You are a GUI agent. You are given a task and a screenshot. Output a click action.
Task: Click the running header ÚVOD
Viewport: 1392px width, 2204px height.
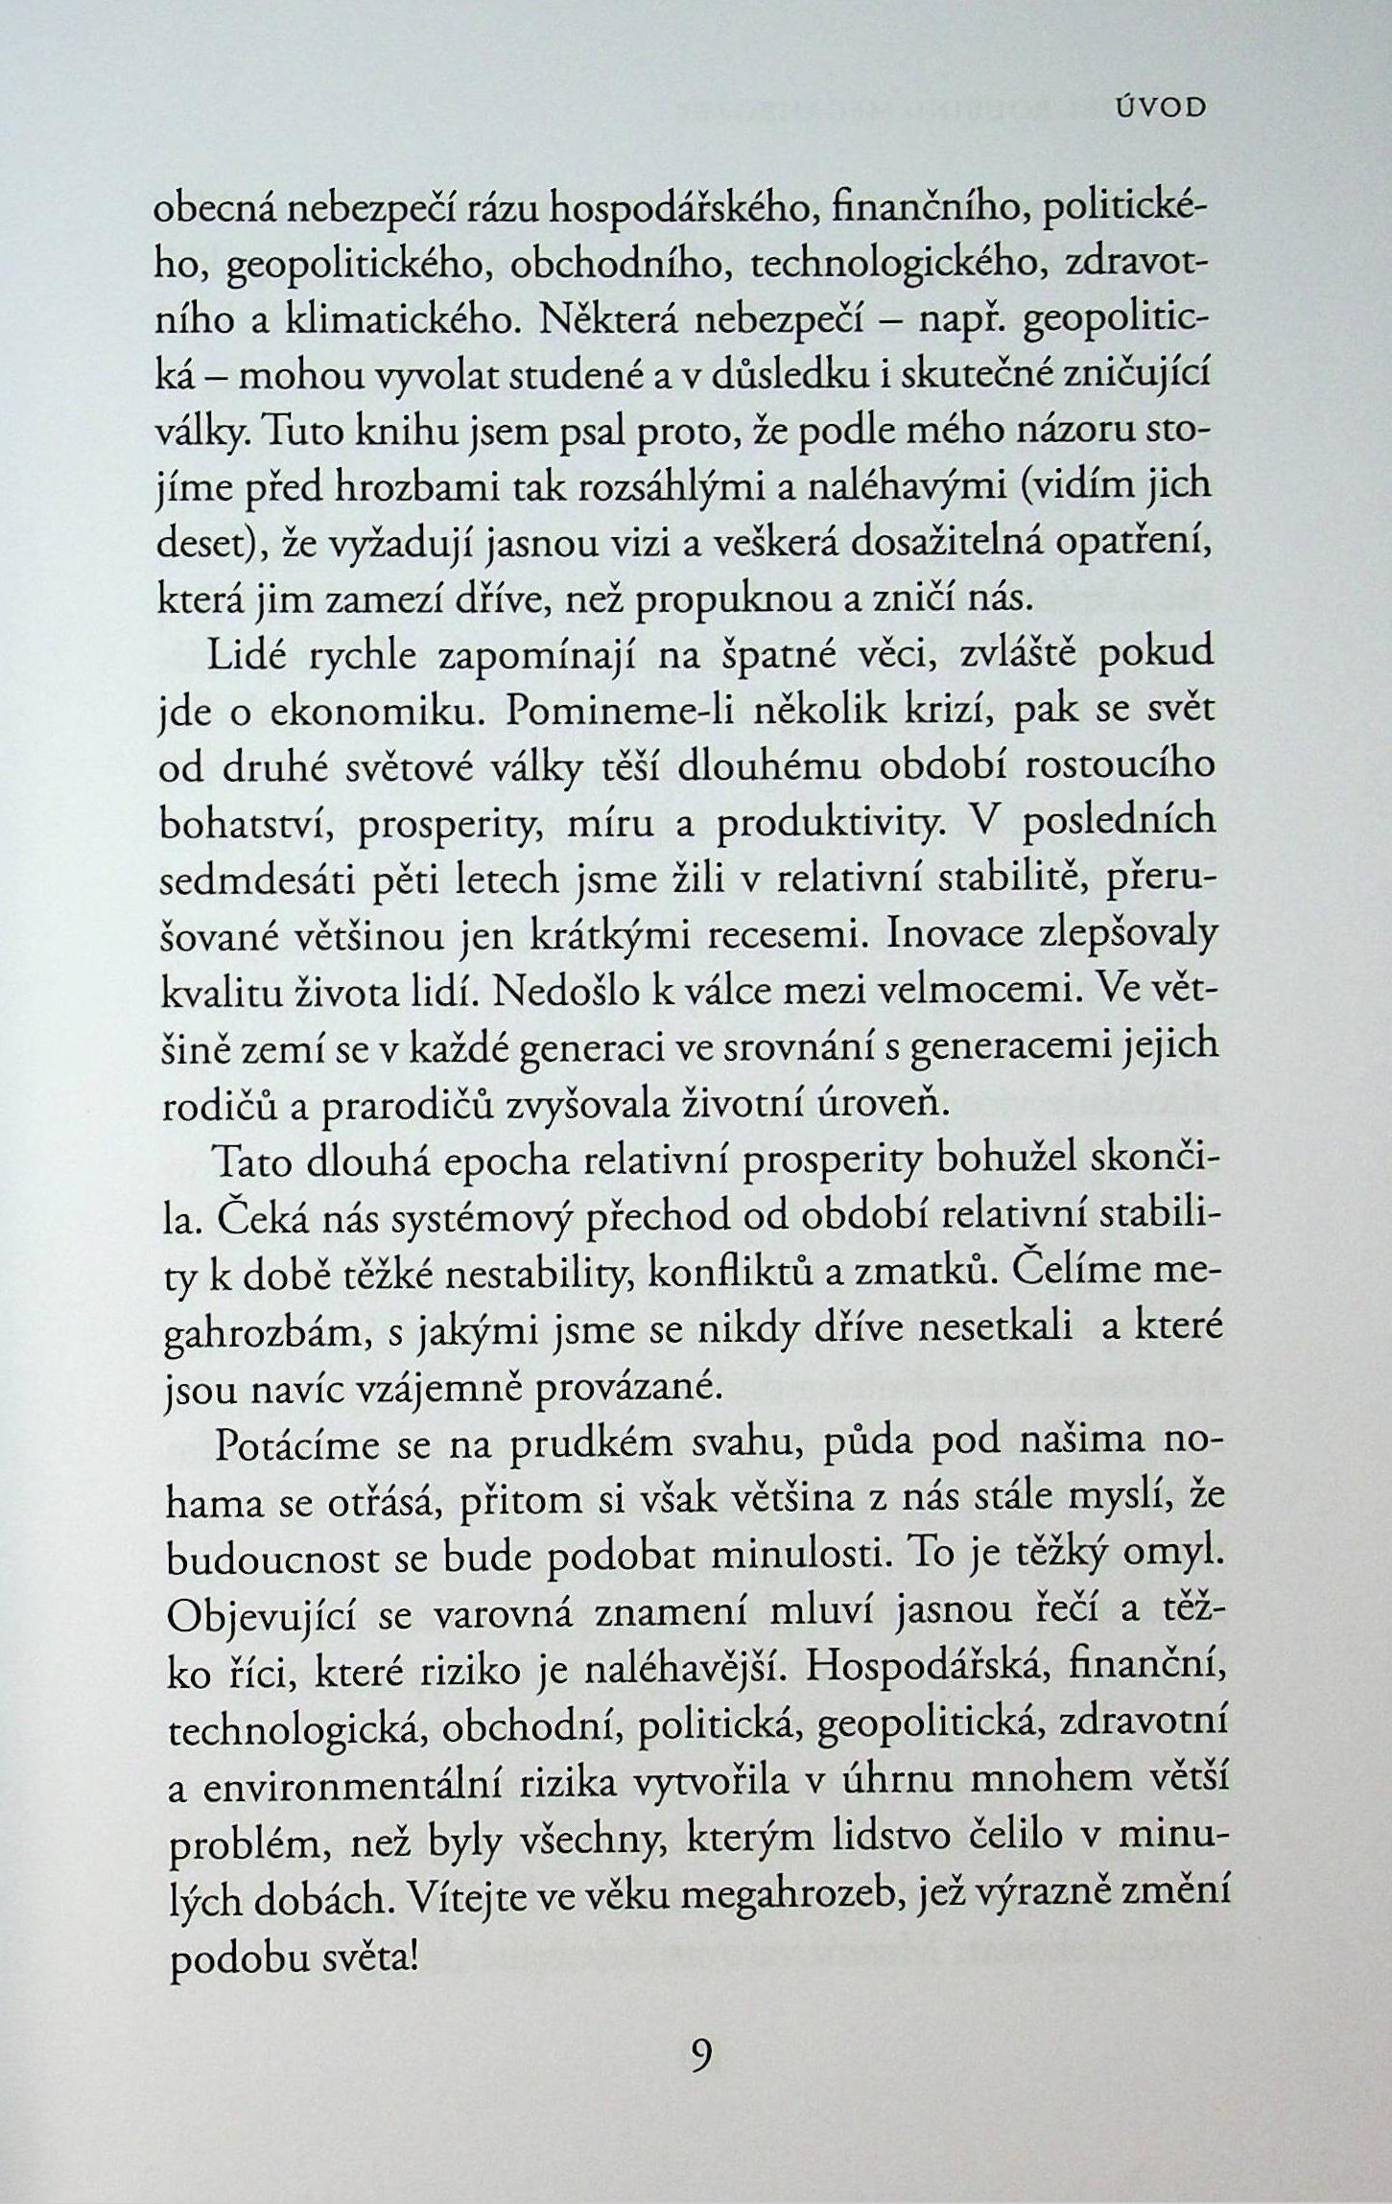pyautogui.click(x=1162, y=108)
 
